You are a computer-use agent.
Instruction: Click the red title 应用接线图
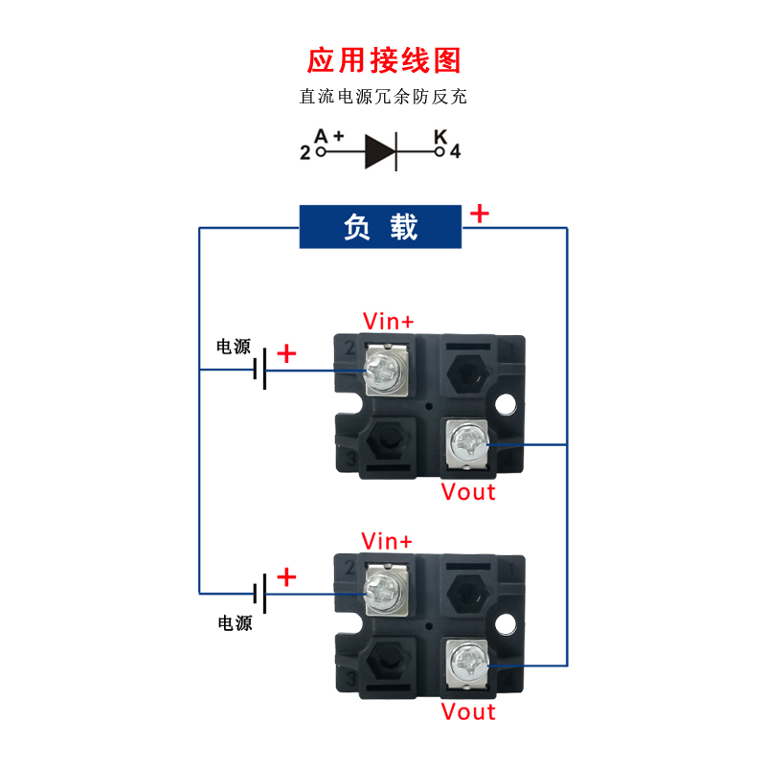tap(383, 59)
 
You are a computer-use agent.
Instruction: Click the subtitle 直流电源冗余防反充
tap(383, 97)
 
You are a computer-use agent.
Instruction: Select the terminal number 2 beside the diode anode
tap(305, 152)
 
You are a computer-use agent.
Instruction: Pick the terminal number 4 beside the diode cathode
tap(455, 152)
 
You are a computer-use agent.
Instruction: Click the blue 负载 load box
tap(381, 228)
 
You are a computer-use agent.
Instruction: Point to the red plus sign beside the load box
tap(479, 214)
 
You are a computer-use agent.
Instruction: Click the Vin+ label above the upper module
tap(388, 321)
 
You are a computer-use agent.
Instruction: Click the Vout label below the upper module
tap(468, 492)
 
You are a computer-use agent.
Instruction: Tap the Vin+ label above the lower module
tap(388, 541)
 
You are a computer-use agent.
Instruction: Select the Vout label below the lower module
tap(468, 712)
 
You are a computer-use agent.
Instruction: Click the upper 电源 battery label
tap(234, 347)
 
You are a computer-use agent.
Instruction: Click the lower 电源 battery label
tap(235, 623)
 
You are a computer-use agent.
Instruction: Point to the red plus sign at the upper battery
tap(286, 354)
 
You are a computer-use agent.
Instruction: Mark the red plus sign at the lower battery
tap(286, 577)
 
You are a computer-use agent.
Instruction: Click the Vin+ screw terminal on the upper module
tap(384, 369)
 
